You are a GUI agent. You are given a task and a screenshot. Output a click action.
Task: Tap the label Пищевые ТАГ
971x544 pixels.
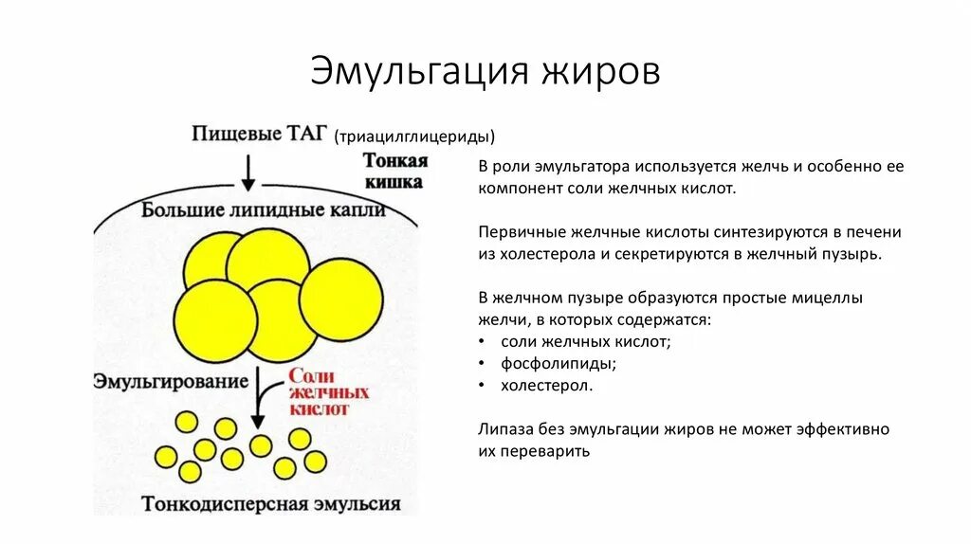tap(250, 134)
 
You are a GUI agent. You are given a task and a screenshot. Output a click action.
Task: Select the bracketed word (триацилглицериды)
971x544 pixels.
tap(414, 137)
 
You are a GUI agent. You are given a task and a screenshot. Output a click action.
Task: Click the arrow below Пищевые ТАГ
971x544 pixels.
tap(248, 173)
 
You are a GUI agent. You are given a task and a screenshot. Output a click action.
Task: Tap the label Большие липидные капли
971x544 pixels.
tap(264, 209)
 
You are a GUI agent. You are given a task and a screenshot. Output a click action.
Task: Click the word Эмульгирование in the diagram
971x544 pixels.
tap(171, 381)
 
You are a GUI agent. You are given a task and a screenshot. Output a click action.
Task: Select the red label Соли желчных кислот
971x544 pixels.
tap(328, 392)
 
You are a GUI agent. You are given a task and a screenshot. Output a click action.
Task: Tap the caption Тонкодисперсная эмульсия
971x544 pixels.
tap(271, 504)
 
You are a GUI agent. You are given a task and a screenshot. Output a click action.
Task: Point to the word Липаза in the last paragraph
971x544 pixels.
tap(504, 429)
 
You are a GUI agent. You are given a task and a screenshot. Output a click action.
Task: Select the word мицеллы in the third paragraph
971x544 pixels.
tap(831, 298)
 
